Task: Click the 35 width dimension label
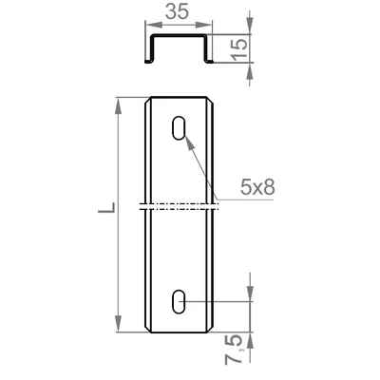click(178, 11)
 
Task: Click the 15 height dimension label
click(239, 48)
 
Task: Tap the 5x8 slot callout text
click(257, 187)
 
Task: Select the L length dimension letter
click(107, 207)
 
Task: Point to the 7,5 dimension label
click(234, 350)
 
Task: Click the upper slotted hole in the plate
click(179, 128)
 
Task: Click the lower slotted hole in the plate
click(179, 301)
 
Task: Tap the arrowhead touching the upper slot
click(189, 143)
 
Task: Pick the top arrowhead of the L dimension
click(119, 105)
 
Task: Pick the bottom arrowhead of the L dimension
click(119, 323)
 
